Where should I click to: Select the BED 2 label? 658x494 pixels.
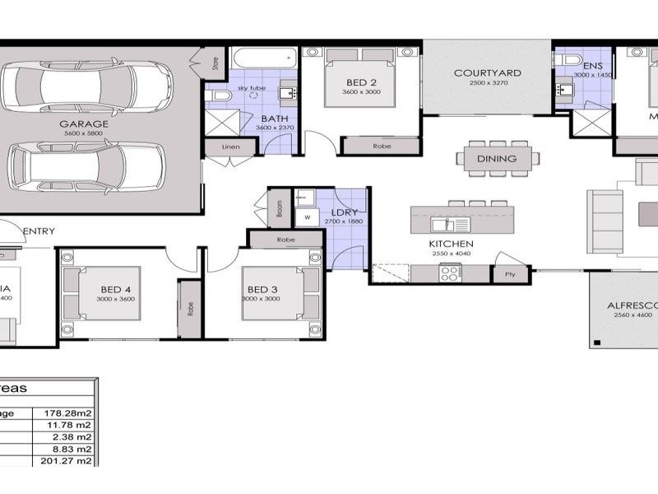click(x=362, y=82)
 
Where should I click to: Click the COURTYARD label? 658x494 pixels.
click(x=487, y=72)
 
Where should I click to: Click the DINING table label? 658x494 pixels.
click(x=497, y=159)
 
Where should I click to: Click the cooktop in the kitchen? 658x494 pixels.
click(x=450, y=275)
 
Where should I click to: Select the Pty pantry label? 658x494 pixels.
click(x=510, y=274)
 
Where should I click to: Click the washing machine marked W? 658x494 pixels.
click(x=308, y=218)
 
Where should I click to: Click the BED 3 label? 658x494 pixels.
click(x=262, y=289)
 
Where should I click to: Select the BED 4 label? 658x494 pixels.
click(x=115, y=289)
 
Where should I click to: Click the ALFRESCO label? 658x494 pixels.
click(x=632, y=305)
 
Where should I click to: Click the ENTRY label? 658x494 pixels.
click(x=39, y=231)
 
